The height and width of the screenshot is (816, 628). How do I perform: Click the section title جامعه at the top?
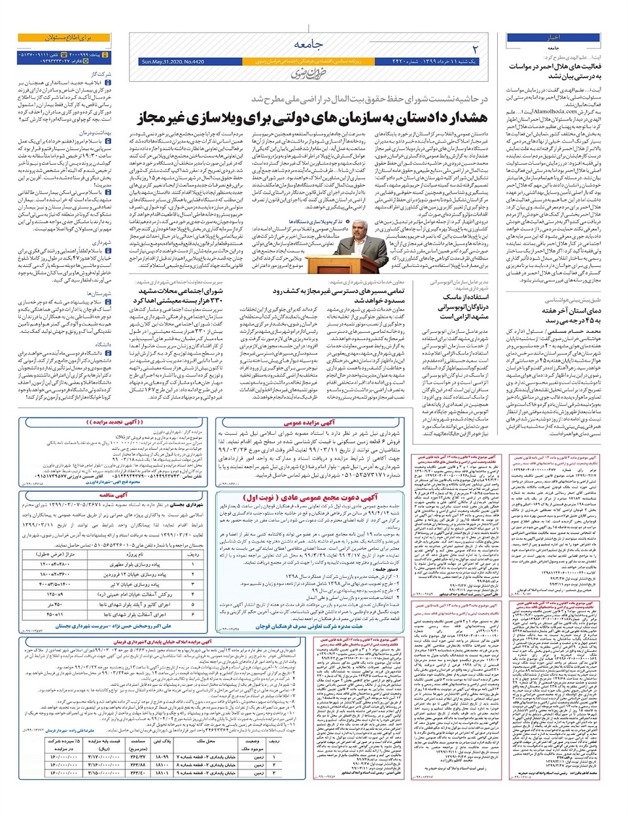308,44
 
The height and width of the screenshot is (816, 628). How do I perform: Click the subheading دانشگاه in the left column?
103,344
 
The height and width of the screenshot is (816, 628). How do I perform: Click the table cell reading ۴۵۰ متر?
56,605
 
